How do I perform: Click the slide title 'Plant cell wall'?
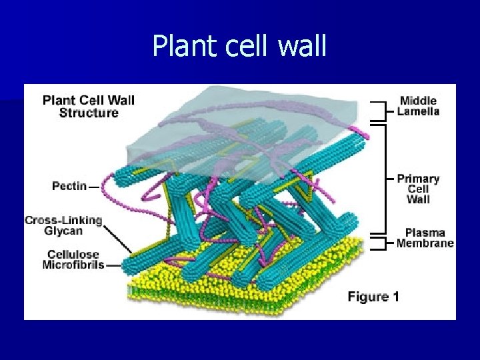[239, 46]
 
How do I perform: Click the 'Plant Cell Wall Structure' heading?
[89, 107]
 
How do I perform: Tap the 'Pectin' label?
[69, 186]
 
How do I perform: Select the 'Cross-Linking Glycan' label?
[63, 225]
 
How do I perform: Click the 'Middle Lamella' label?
[418, 106]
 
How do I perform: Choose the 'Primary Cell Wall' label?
[418, 189]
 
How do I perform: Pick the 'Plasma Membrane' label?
[425, 238]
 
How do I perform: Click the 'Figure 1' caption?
[373, 297]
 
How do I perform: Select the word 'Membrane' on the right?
[425, 243]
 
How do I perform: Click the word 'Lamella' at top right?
[418, 111]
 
